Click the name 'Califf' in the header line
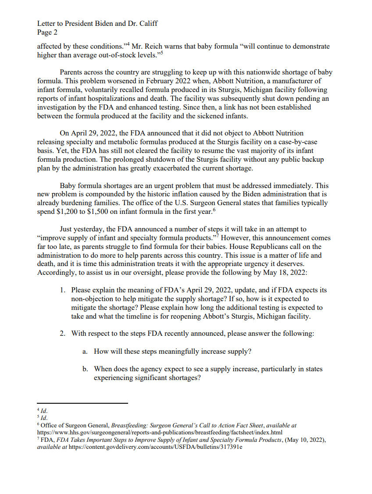tap(147, 23)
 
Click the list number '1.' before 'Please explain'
tap(63, 290)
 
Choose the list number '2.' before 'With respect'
tap(63, 334)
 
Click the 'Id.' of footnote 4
tap(44, 411)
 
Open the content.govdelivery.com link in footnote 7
tap(156, 447)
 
